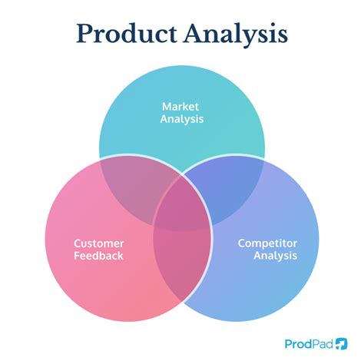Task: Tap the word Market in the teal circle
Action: pyautogui.click(x=181, y=106)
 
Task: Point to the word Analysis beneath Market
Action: pyautogui.click(x=181, y=120)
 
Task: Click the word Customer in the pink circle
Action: pyautogui.click(x=99, y=243)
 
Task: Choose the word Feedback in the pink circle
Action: pyautogui.click(x=99, y=256)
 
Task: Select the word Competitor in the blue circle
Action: pyautogui.click(x=266, y=243)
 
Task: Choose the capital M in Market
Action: pyautogui.click(x=166, y=106)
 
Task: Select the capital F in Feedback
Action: pyautogui.click(x=78, y=256)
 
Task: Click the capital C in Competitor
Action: pyautogui.click(x=241, y=243)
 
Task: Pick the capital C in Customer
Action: pyautogui.click(x=78, y=243)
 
